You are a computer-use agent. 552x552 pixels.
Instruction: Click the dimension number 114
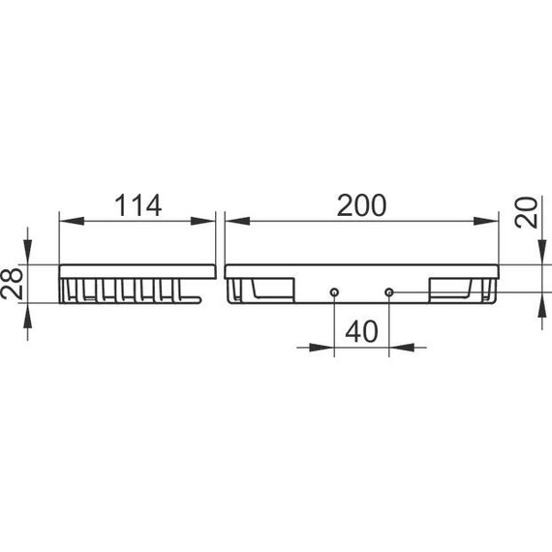pos(138,205)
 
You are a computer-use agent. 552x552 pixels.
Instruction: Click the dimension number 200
pos(361,205)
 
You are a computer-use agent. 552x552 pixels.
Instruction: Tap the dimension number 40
pos(361,331)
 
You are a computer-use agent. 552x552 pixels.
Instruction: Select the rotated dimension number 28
pos(12,284)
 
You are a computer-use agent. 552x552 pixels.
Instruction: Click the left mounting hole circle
pos(334,292)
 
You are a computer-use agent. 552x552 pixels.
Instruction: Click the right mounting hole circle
pos(389,292)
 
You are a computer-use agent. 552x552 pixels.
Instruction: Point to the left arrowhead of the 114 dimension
pos(72,221)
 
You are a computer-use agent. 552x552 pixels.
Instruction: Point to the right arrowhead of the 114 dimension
pos(202,221)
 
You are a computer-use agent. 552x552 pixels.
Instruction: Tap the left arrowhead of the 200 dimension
pos(237,221)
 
